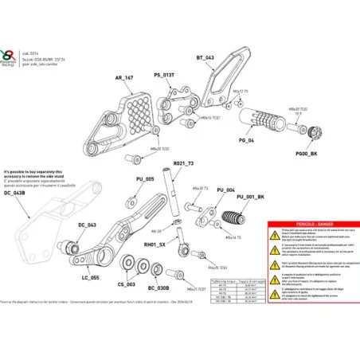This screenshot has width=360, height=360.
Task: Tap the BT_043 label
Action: pos(205,59)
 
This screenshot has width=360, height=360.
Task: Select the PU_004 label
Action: pos(225,191)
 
